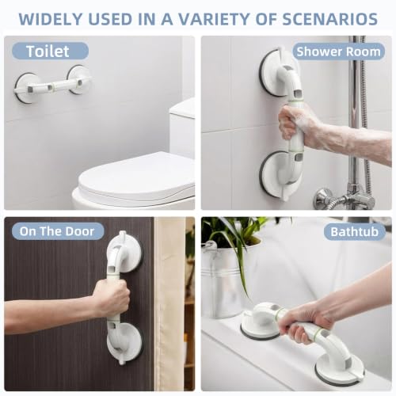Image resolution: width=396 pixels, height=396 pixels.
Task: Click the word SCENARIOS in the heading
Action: tap(330, 19)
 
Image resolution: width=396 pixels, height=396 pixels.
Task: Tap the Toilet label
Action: tap(48, 51)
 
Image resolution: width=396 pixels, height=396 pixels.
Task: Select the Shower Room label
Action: tap(338, 51)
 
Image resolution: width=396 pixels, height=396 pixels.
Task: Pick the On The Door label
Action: tap(57, 231)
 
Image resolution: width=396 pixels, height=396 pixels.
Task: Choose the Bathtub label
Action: tap(355, 232)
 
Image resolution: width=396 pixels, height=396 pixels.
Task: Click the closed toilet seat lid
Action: tap(137, 177)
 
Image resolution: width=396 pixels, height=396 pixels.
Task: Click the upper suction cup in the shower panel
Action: tap(277, 73)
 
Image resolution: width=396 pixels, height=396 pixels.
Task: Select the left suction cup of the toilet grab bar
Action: tap(25, 88)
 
